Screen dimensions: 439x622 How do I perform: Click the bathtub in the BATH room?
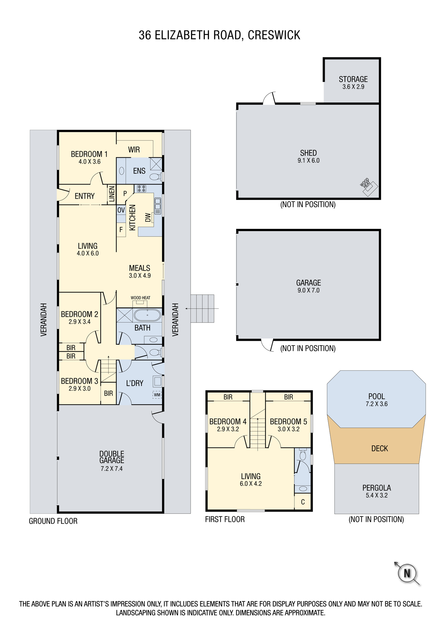pyautogui.click(x=147, y=315)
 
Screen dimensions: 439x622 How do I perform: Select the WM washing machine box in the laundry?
pyautogui.click(x=157, y=395)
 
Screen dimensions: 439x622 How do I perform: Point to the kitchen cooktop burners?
pyautogui.click(x=142, y=188)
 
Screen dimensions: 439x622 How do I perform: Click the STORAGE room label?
pyautogui.click(x=353, y=79)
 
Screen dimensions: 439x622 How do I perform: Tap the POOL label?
pyautogui.click(x=377, y=397)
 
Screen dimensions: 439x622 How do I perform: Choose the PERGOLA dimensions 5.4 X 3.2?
pyautogui.click(x=377, y=495)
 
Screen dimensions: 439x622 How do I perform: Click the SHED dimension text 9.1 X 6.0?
pyautogui.click(x=308, y=160)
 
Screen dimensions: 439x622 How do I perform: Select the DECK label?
pyautogui.click(x=380, y=448)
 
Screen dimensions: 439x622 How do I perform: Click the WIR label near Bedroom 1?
pyautogui.click(x=134, y=150)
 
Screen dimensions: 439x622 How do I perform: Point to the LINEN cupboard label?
pyautogui.click(x=112, y=194)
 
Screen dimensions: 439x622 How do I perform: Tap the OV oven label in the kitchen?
pyautogui.click(x=121, y=210)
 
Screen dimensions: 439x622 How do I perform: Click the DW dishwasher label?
pyautogui.click(x=148, y=217)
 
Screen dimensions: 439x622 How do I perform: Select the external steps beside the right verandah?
pyautogui.click(x=202, y=309)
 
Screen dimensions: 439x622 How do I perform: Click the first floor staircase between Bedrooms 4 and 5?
pyautogui.click(x=258, y=433)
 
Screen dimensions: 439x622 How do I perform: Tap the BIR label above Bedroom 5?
pyautogui.click(x=288, y=397)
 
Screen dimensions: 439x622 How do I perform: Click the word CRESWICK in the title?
pyautogui.click(x=274, y=35)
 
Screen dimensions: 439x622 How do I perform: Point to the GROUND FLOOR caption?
pyautogui.click(x=53, y=521)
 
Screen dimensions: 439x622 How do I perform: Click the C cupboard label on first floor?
pyautogui.click(x=303, y=502)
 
